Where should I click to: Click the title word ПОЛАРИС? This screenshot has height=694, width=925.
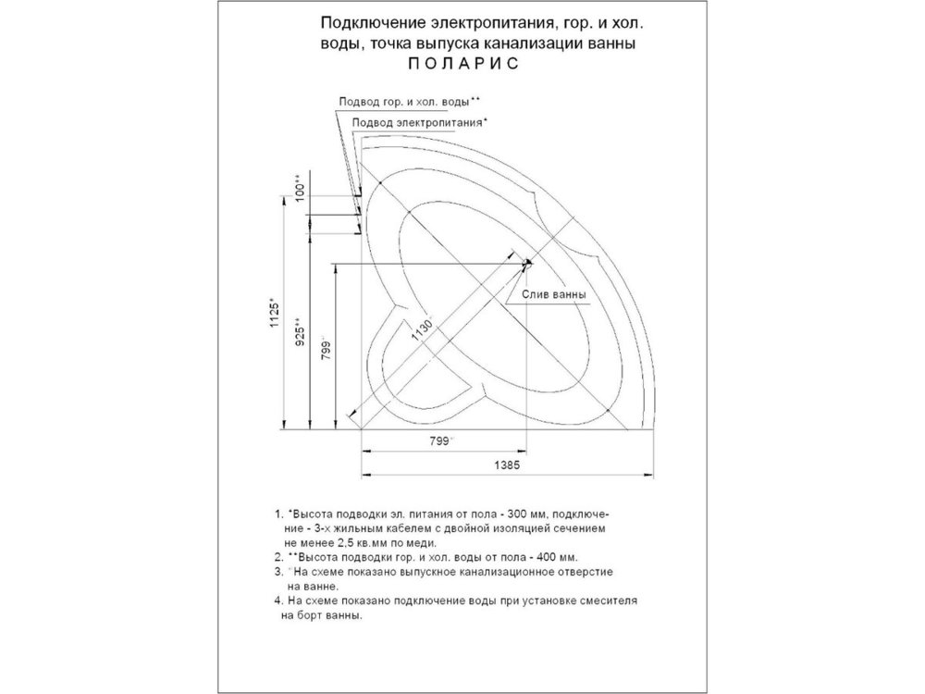[x=463, y=63]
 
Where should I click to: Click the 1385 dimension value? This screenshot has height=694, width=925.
[x=507, y=465]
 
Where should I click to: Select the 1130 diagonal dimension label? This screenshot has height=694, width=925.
[x=423, y=331]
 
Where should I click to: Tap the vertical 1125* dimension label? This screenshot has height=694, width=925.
[x=275, y=312]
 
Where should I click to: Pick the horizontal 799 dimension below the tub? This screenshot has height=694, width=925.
[x=440, y=440]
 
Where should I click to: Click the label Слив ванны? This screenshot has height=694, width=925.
[x=554, y=294]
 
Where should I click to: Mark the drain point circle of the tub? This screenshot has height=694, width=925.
[x=527, y=263]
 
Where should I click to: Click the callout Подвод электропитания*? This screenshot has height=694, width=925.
[x=419, y=123]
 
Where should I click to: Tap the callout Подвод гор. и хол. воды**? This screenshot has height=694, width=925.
[x=410, y=102]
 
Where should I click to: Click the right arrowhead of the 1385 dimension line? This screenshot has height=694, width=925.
[x=649, y=474]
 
